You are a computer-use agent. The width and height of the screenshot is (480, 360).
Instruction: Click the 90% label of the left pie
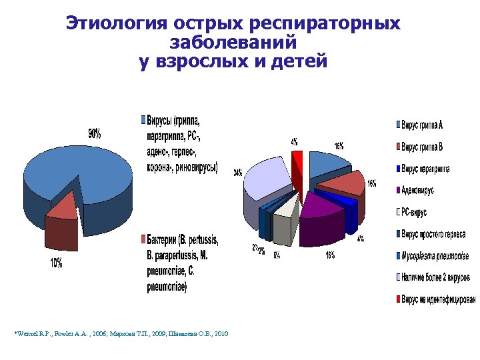tap(95, 133)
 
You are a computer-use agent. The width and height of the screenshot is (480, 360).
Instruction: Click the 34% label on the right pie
tap(237, 173)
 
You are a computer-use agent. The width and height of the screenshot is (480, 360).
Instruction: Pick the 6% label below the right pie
tap(276, 255)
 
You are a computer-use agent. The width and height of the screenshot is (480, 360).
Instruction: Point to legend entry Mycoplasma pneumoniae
tap(435, 256)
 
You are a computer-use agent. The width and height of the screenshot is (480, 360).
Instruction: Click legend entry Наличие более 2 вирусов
tap(435, 277)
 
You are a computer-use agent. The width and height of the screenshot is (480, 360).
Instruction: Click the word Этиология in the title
tap(114, 24)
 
